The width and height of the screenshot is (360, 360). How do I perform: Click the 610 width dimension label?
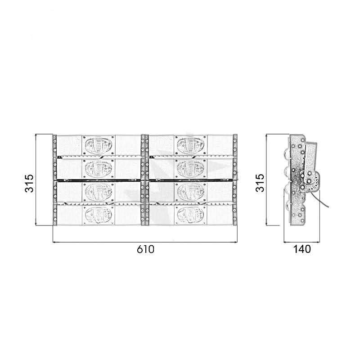click(x=145, y=249)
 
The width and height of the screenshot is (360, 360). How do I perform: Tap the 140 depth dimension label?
click(x=302, y=249)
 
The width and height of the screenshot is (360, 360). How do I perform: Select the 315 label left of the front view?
click(x=29, y=183)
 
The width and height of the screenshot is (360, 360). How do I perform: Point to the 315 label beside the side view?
click(x=261, y=183)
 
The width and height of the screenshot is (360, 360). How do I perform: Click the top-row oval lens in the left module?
click(x=99, y=145)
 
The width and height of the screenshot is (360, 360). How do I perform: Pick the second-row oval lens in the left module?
click(x=99, y=169)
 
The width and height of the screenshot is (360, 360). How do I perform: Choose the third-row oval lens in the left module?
click(x=99, y=192)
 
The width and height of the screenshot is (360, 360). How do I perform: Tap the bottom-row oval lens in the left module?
click(x=99, y=215)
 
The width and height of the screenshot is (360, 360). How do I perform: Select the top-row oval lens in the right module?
click(x=190, y=145)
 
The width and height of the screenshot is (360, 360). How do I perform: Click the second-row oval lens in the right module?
click(x=190, y=169)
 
